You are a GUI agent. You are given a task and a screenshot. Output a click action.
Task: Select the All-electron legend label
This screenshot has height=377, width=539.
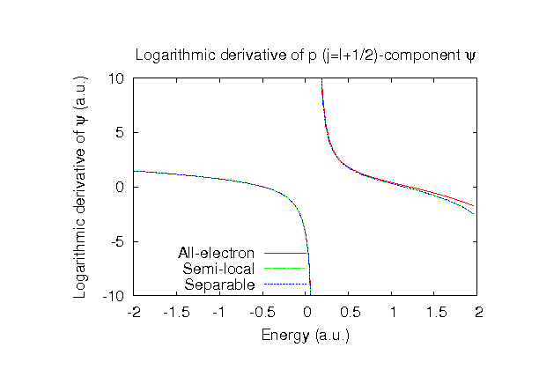point(217,254)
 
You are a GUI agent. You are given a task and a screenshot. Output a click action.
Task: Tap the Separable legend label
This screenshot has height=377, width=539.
point(220,285)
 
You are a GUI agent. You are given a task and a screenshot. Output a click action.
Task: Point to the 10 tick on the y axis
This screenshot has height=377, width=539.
point(116,78)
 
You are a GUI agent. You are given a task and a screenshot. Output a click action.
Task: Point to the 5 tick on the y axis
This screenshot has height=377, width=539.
point(121,133)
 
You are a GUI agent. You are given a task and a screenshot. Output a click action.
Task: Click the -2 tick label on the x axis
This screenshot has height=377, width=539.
point(134,313)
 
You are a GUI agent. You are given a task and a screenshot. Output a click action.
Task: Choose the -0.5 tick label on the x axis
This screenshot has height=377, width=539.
point(262,313)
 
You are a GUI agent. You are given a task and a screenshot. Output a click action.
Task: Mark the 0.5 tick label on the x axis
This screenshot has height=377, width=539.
point(349,313)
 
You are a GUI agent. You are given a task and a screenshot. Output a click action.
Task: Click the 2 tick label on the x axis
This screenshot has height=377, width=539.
point(477,313)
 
